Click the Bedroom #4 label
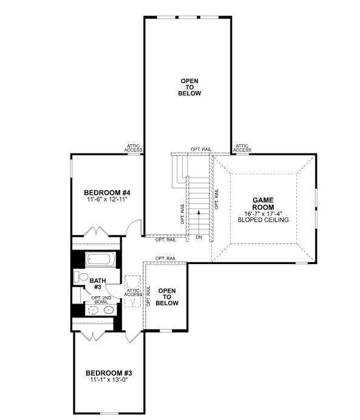click(x=106, y=192)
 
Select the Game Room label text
click(x=263, y=203)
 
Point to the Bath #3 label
click(x=96, y=284)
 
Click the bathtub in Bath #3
click(x=100, y=260)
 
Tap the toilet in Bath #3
click(x=80, y=277)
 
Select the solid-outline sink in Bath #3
click(x=109, y=310)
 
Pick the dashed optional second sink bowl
click(x=92, y=310)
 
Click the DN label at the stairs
click(x=198, y=237)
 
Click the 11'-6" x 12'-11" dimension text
click(x=106, y=199)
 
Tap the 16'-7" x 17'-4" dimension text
click(x=263, y=214)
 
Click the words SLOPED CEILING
click(x=263, y=220)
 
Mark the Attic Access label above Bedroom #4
click(x=134, y=147)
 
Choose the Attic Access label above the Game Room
click(x=242, y=147)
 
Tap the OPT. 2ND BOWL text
click(x=101, y=299)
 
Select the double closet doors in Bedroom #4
click(x=95, y=233)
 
